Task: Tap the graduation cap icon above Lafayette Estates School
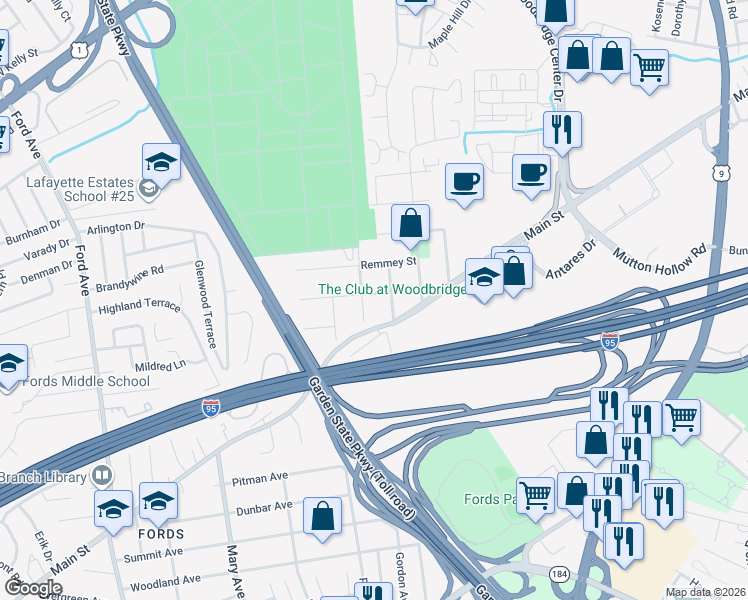(x=161, y=161)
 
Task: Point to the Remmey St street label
(x=388, y=262)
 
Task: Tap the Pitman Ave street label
(x=259, y=478)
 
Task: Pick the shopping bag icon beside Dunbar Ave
(x=323, y=517)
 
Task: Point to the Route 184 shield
(x=557, y=572)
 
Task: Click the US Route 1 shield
(x=80, y=49)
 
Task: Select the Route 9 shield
(x=720, y=173)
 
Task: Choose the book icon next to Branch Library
(x=101, y=474)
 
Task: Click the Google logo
(x=33, y=588)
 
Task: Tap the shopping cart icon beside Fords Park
(x=536, y=493)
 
